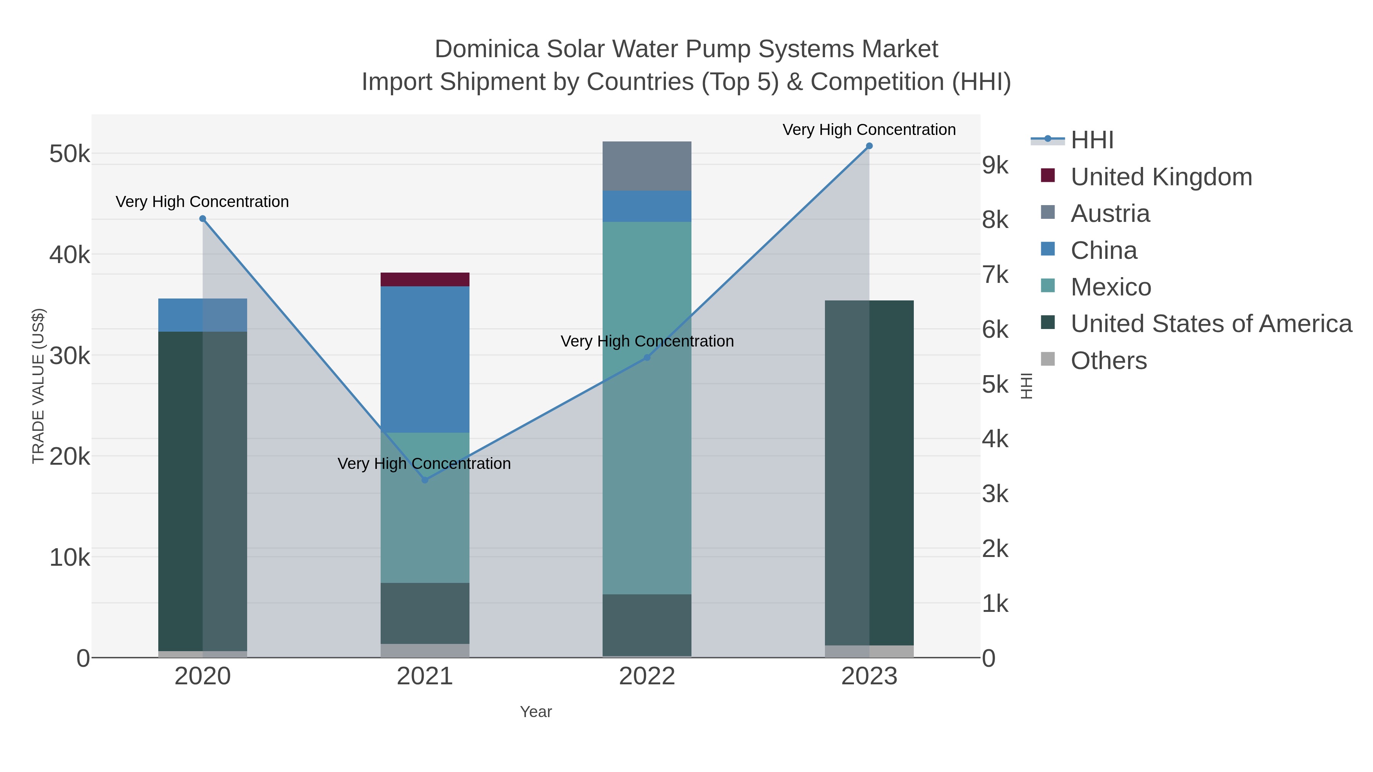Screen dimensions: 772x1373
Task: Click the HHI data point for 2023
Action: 869,146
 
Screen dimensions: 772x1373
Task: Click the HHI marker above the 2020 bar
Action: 203,218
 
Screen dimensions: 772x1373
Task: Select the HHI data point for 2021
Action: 425,480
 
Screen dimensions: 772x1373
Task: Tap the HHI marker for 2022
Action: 647,358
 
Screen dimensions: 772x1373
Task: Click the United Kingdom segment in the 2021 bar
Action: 425,279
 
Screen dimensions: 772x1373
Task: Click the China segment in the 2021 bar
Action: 425,359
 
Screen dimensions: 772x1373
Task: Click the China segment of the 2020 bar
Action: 181,315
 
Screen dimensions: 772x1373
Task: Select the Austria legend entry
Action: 1110,213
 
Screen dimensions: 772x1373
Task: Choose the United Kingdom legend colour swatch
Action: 1047,176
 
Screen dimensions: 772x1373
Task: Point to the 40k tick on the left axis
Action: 69,255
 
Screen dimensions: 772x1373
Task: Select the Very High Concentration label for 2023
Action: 869,130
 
